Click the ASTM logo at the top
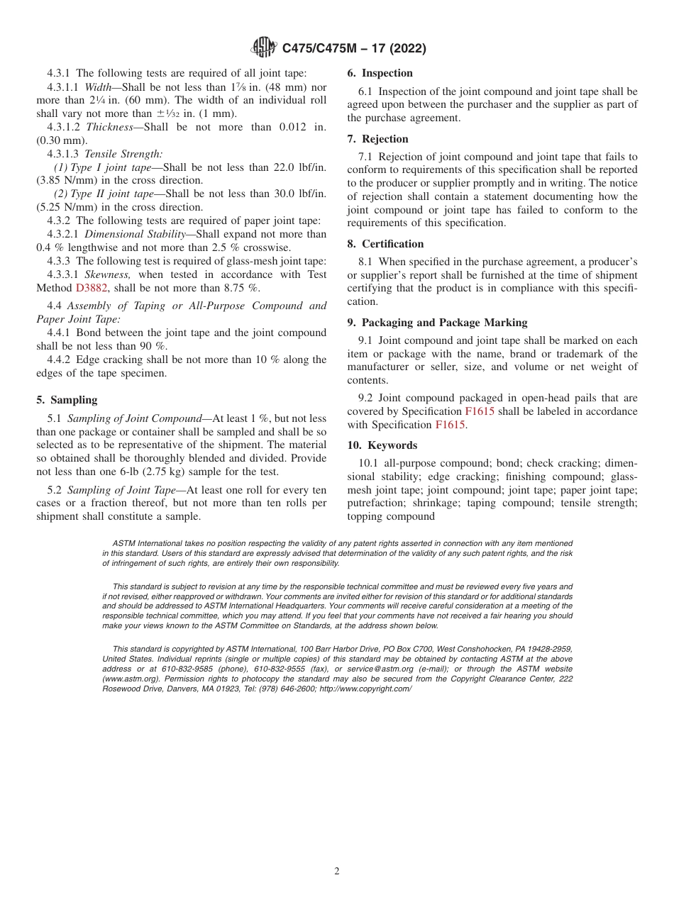click(264, 48)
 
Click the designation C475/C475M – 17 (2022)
click(353, 48)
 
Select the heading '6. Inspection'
click(380, 73)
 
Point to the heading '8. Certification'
click(385, 244)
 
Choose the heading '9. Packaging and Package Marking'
click(437, 323)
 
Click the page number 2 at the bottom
click(337, 872)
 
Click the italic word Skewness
click(108, 274)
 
